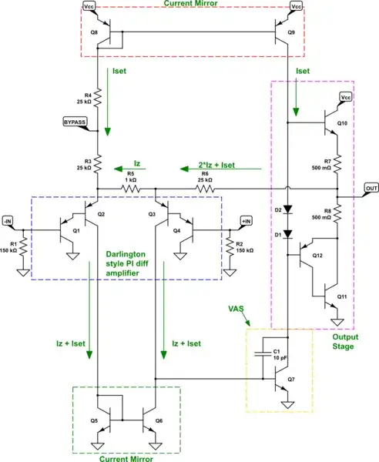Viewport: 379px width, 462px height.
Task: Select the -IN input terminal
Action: pos(8,222)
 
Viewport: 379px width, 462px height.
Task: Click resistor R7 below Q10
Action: pos(338,162)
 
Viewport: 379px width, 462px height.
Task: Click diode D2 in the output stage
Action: pos(287,209)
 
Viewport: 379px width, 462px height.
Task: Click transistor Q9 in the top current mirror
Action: pos(283,33)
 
